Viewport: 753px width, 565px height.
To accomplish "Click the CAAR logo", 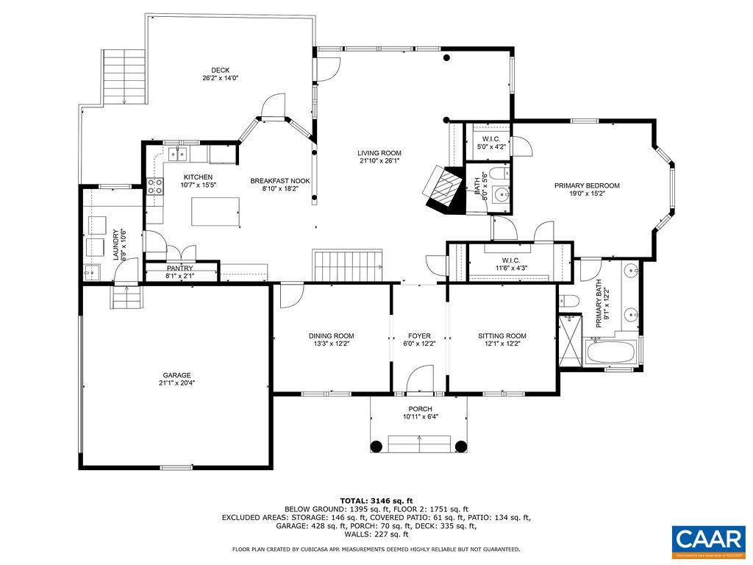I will coord(708,539).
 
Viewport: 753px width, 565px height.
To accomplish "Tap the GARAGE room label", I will coord(176,374).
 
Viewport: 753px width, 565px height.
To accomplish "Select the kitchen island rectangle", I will coord(215,212).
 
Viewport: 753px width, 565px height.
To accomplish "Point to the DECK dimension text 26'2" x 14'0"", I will coord(221,78).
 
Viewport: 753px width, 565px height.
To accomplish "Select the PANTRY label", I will coord(179,269).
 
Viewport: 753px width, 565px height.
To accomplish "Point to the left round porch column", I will coord(376,445).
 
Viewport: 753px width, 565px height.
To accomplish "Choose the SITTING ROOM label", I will coord(502,336).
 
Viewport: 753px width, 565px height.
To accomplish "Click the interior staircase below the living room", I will coord(349,265).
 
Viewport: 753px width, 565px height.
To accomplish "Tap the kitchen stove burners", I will coord(156,187).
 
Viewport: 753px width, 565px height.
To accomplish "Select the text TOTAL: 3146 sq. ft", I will coord(376,500).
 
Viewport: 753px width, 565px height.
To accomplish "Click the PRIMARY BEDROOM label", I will coord(587,186).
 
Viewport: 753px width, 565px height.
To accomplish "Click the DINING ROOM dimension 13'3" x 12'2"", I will coord(331,344).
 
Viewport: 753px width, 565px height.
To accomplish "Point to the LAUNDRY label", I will coord(115,244).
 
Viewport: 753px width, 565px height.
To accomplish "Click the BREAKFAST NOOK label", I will coord(280,181).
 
